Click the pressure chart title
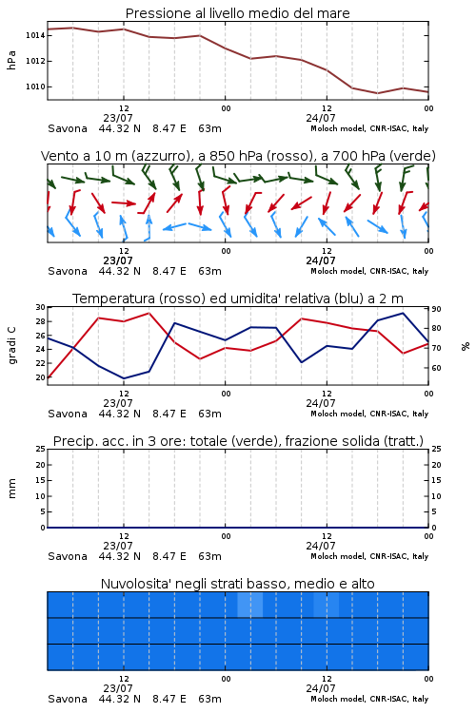click(x=237, y=13)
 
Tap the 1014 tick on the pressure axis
click(x=34, y=35)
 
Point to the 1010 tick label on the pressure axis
click(x=34, y=87)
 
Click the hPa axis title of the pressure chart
click(x=11, y=60)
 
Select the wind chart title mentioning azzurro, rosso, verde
click(x=238, y=156)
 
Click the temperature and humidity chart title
click(x=238, y=299)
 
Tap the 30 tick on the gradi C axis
click(x=41, y=307)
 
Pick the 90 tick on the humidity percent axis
click(x=436, y=309)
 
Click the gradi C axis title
click(x=12, y=346)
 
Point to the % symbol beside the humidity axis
click(x=466, y=346)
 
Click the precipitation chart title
click(x=238, y=441)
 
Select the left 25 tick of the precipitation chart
click(x=41, y=449)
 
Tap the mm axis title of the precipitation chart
click(x=11, y=489)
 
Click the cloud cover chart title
click(x=237, y=584)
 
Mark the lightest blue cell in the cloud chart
click(x=250, y=605)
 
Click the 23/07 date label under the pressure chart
click(x=118, y=118)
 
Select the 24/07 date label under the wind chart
click(x=321, y=260)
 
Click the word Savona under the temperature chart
click(x=68, y=414)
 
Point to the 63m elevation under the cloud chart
click(x=209, y=699)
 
